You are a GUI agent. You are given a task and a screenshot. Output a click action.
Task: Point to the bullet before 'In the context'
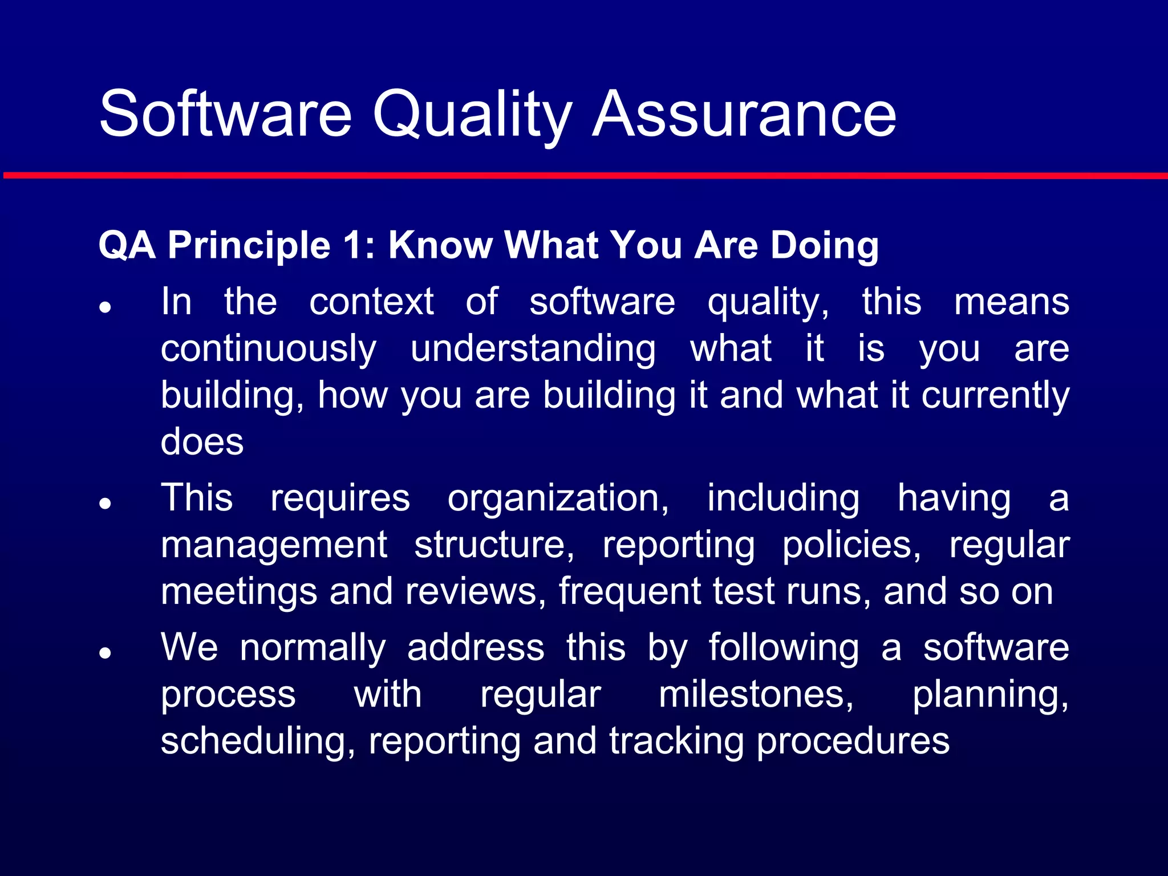(x=104, y=307)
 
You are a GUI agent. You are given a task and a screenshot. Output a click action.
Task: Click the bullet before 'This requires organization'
(x=104, y=504)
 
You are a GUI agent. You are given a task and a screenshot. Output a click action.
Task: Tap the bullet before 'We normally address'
(x=104, y=653)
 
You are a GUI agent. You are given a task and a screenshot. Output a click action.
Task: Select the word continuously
(x=268, y=348)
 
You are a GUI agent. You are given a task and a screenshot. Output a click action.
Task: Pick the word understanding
(x=533, y=348)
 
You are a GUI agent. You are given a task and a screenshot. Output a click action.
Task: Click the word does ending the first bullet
(x=202, y=441)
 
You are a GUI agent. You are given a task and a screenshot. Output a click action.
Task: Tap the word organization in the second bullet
(x=558, y=498)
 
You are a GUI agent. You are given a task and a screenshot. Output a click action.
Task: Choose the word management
(x=274, y=545)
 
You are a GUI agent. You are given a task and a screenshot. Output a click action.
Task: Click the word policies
(x=851, y=545)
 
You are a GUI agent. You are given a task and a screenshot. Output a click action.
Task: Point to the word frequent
(x=630, y=591)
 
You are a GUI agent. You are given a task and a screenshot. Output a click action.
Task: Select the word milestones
(x=756, y=695)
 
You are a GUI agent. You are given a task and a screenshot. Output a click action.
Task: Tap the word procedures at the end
(x=853, y=741)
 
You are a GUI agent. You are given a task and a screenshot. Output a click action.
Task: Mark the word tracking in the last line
(x=676, y=741)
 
